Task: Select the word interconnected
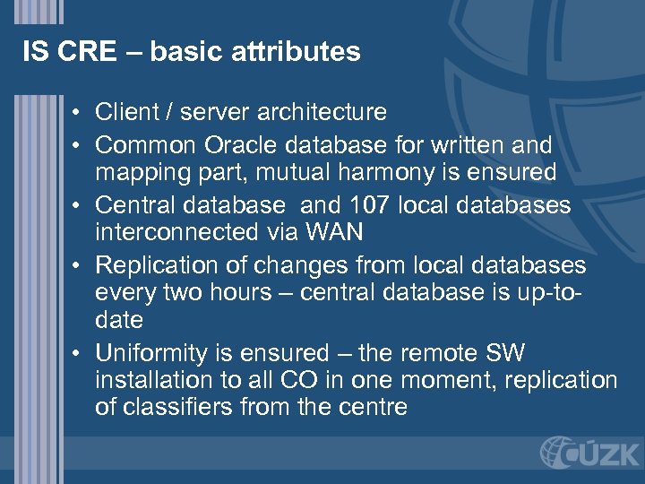click(172, 233)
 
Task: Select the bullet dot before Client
click(79, 113)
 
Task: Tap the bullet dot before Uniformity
click(79, 353)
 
